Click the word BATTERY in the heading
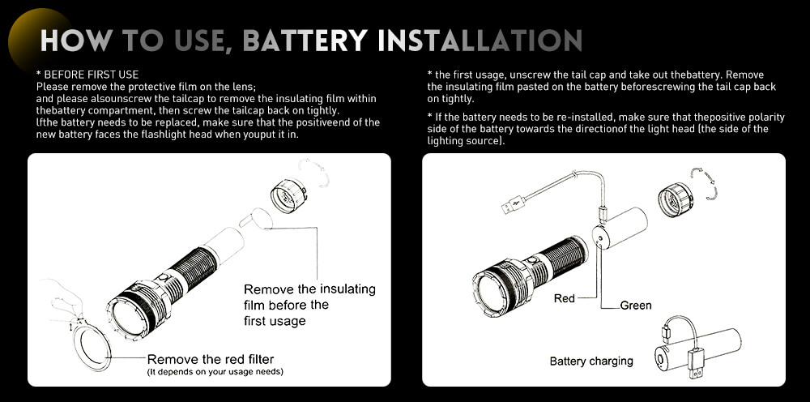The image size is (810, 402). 305,41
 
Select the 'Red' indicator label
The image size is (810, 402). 564,298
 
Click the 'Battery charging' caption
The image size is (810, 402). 591,361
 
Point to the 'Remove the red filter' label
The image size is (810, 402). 211,359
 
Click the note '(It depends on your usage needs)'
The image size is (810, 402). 215,371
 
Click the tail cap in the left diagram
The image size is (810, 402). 289,195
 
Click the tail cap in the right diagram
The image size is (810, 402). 676,199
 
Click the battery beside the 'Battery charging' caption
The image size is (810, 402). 697,349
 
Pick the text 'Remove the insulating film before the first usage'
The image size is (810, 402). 309,305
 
